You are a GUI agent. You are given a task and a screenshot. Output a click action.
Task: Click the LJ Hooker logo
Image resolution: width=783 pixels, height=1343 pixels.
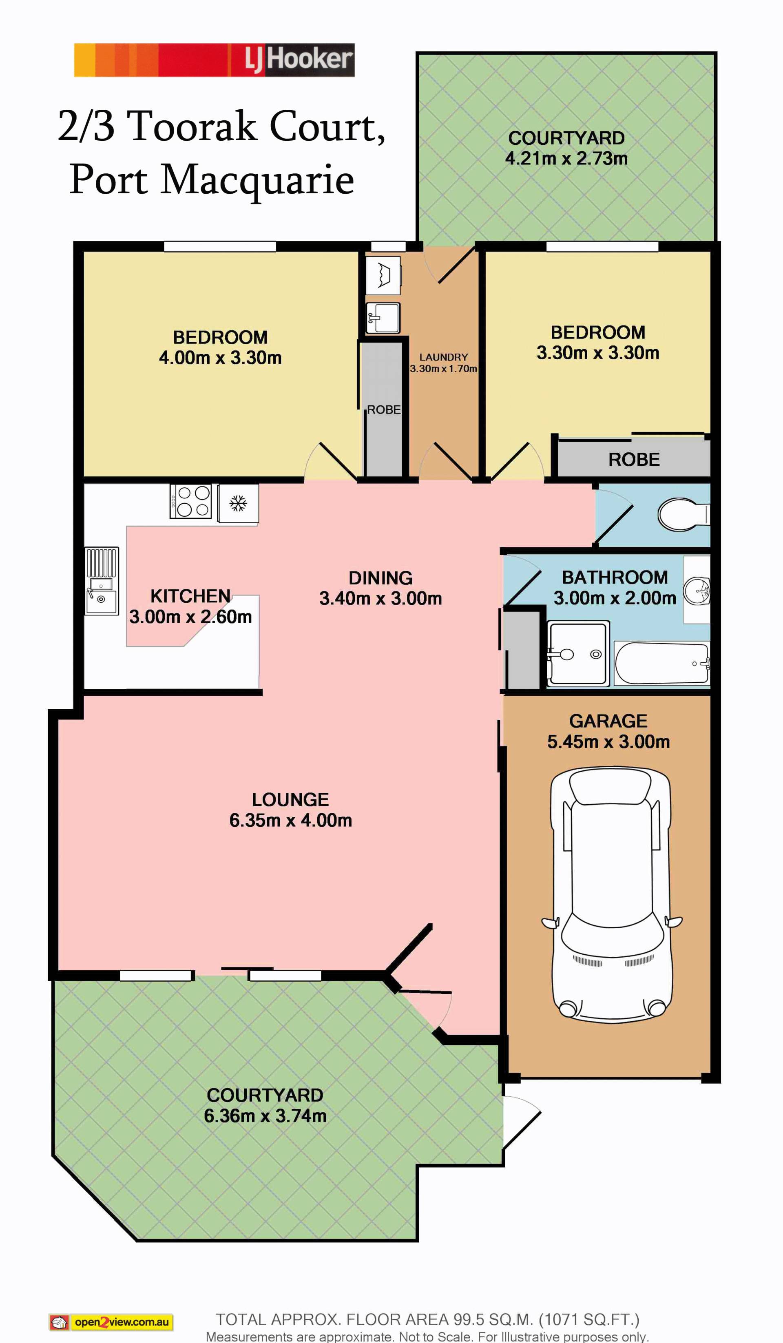pyautogui.click(x=214, y=60)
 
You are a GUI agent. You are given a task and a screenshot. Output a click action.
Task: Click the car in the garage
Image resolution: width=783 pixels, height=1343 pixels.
pyautogui.click(x=611, y=895)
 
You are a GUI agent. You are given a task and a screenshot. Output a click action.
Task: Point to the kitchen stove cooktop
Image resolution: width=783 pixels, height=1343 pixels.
pyautogui.click(x=190, y=501)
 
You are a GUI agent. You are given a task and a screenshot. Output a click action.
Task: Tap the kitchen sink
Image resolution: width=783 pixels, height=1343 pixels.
pyautogui.click(x=101, y=580)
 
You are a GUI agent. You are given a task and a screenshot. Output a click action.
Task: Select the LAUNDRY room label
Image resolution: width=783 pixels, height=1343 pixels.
pyautogui.click(x=443, y=357)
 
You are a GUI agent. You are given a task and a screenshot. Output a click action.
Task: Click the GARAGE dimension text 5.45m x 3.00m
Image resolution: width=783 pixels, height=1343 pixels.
pyautogui.click(x=608, y=741)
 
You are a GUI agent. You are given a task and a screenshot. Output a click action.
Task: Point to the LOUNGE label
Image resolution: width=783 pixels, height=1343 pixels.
pyautogui.click(x=290, y=799)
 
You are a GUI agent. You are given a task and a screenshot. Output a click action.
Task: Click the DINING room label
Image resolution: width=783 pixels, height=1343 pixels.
pyautogui.click(x=380, y=578)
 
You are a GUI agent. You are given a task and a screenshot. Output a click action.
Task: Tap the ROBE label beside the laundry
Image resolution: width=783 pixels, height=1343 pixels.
pyautogui.click(x=384, y=410)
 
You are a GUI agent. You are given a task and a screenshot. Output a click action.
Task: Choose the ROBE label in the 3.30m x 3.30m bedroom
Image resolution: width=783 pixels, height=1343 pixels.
pyautogui.click(x=634, y=459)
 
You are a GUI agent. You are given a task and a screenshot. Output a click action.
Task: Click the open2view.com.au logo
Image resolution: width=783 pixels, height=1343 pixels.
pyautogui.click(x=111, y=1322)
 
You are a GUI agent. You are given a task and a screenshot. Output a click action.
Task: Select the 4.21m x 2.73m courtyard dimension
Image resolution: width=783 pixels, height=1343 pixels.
pyautogui.click(x=566, y=158)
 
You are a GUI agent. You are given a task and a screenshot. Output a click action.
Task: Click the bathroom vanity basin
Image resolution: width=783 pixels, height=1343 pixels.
pyautogui.click(x=698, y=591)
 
